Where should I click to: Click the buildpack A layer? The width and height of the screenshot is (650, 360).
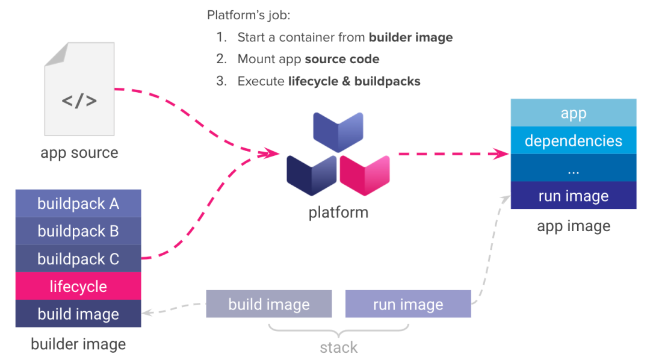(x=78, y=203)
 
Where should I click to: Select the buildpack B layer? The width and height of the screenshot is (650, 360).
(x=78, y=231)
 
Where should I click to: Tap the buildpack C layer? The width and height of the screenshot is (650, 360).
(x=78, y=259)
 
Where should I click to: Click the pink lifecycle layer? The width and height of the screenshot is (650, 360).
(x=78, y=287)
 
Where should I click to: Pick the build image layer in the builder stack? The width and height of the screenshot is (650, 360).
(x=78, y=314)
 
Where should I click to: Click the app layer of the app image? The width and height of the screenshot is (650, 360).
(x=573, y=113)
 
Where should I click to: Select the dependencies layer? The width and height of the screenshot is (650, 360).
(x=573, y=141)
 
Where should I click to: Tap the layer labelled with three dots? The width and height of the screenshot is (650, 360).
(x=573, y=169)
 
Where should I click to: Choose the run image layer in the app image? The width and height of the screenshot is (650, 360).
(x=573, y=196)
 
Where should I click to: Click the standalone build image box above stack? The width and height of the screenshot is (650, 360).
(x=269, y=304)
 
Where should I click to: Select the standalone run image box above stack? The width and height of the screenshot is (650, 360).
(x=408, y=304)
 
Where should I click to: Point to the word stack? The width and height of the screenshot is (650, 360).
(x=339, y=347)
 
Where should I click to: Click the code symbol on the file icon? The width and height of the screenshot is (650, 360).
(x=79, y=100)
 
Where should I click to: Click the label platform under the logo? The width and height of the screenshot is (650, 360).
(x=338, y=213)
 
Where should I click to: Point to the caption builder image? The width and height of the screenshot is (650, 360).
(x=78, y=344)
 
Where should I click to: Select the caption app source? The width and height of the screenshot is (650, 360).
(x=79, y=152)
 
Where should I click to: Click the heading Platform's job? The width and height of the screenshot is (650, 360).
(x=249, y=15)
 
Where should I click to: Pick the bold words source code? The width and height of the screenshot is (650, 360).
(x=342, y=59)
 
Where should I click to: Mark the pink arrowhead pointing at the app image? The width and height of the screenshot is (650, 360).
(x=501, y=154)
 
